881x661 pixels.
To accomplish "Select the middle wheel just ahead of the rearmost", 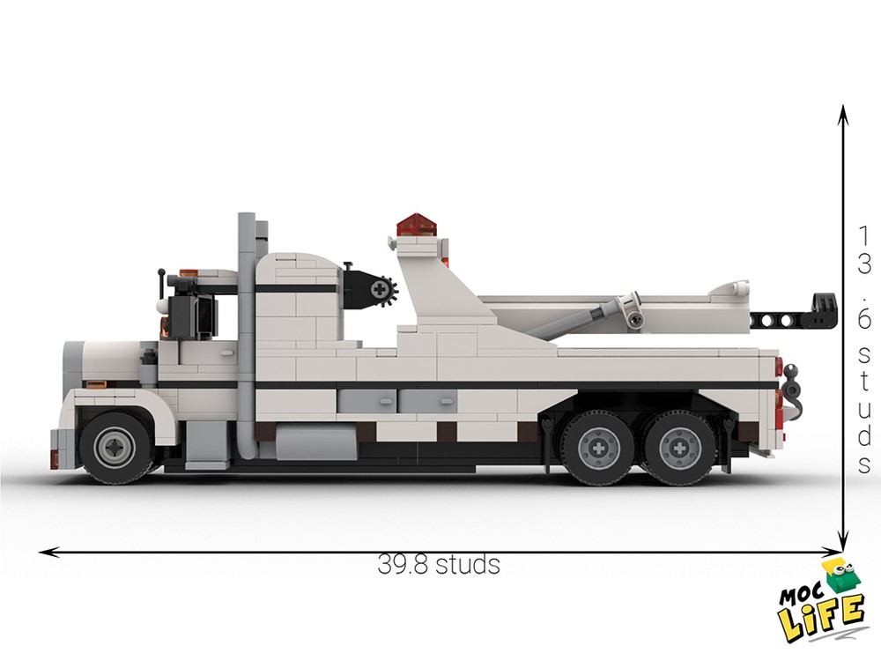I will [x=598, y=448].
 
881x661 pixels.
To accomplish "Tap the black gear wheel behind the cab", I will [x=382, y=288].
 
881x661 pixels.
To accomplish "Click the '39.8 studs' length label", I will [x=439, y=564].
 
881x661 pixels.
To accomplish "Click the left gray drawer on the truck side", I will [x=366, y=402].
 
